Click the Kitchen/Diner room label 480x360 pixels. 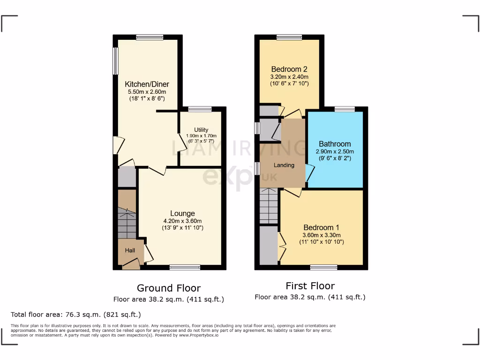[147, 84]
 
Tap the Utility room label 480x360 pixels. [201, 130]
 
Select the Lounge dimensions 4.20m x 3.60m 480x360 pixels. [182, 221]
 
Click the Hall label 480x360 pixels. [130, 251]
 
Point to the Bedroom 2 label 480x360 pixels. [289, 69]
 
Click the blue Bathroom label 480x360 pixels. [335, 144]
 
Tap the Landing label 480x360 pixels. [284, 165]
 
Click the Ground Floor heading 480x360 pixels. [169, 288]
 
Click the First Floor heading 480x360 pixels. [310, 286]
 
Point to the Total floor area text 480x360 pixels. [76, 315]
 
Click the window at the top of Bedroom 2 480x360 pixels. [289, 37]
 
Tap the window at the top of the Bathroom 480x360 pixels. [345, 109]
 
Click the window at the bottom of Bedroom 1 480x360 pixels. [323, 267]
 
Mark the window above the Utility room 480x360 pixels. [200, 109]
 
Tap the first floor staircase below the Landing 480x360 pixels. [270, 206]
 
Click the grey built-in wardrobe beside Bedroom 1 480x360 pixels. [269, 245]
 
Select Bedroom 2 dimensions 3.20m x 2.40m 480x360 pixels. [289, 77]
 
